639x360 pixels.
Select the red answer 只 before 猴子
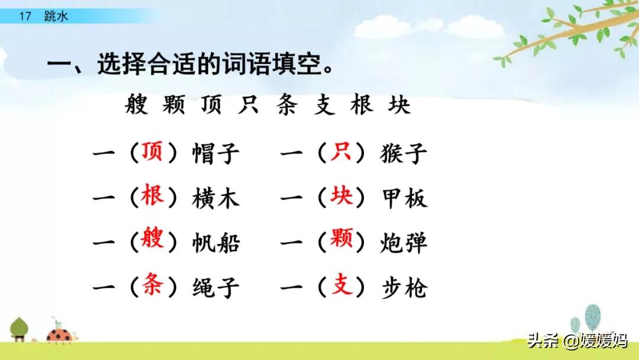[341, 153]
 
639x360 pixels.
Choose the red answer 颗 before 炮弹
[341, 242]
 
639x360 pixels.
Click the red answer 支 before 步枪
[341, 287]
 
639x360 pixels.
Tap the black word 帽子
[216, 155]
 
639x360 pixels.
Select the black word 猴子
[403, 155]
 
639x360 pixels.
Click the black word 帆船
[216, 243]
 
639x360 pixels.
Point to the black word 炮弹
[403, 243]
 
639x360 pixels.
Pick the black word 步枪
[403, 288]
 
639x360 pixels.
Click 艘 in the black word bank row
[138, 106]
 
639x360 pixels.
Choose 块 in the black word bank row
[399, 106]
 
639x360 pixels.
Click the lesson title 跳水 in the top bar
[56, 17]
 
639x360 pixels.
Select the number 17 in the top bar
[24, 17]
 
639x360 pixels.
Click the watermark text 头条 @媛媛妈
[577, 341]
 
